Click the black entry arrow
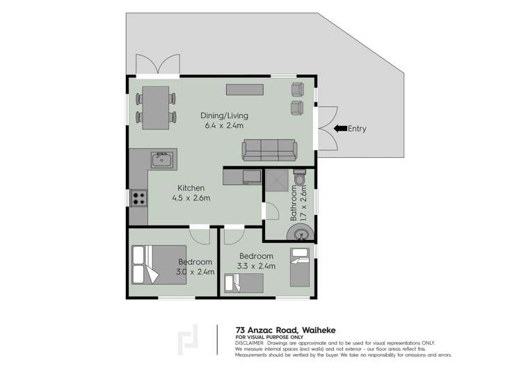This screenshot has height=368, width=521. (339, 128)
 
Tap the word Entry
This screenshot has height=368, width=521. (357, 129)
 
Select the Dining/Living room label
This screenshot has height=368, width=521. (224, 115)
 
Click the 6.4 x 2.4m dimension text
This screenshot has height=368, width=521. (224, 126)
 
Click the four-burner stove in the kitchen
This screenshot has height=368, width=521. (138, 198)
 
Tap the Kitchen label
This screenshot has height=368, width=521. (191, 188)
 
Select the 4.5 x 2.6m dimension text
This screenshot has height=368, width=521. (191, 198)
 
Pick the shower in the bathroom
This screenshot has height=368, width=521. (275, 181)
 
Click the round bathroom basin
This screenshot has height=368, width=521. (300, 232)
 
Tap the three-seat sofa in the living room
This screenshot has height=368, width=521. (268, 149)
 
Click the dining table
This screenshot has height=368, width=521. (156, 107)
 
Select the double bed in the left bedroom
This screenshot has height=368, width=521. (159, 265)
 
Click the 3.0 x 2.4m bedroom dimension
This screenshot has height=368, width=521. (195, 272)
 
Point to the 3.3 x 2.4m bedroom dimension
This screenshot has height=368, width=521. (257, 266)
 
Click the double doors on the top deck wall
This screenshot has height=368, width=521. (159, 65)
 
